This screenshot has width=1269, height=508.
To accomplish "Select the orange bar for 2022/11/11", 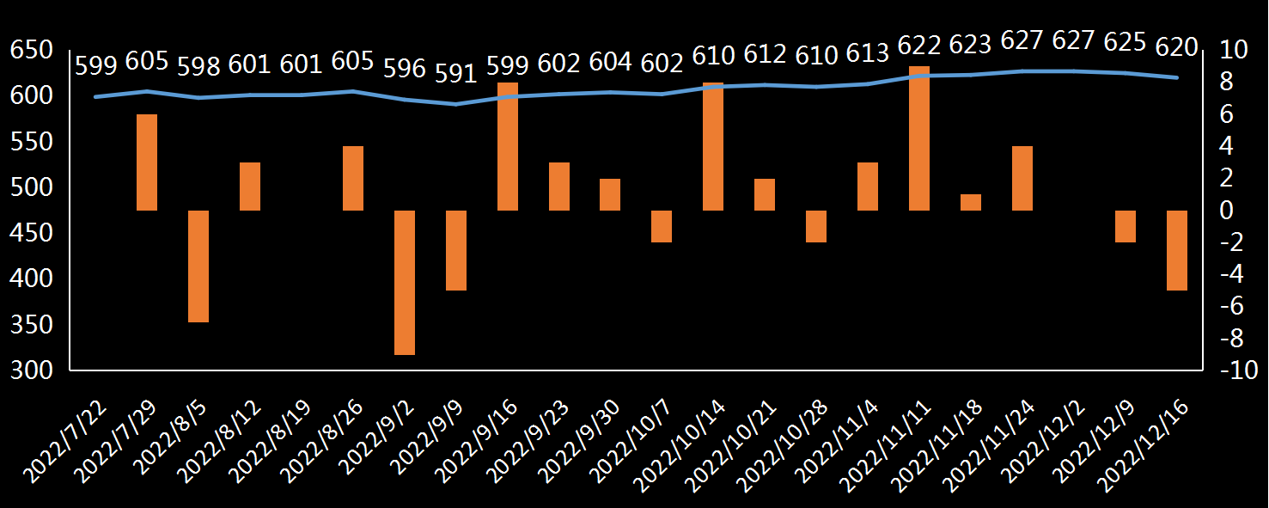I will coord(919,138).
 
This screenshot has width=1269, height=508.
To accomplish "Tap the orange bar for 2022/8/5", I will coord(198,266).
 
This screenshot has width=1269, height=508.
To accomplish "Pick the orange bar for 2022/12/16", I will coord(1176,250).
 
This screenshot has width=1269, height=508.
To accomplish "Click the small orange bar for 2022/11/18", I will coord(971,202).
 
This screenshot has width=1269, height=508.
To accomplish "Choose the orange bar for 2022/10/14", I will coord(713,146).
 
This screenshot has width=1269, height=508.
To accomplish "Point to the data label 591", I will coord(455,73).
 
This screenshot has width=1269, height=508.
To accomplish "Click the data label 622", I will coord(918,44).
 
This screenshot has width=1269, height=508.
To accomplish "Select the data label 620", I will coord(1176,47).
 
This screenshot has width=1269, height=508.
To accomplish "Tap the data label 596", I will coord(404,67).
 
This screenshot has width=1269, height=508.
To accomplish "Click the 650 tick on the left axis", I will coord(33,51).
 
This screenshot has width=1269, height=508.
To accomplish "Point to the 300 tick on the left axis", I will coord(33,370).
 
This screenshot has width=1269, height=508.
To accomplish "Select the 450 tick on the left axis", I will coord(33,233).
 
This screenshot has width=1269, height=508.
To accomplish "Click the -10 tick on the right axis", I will coord(1238,370).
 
